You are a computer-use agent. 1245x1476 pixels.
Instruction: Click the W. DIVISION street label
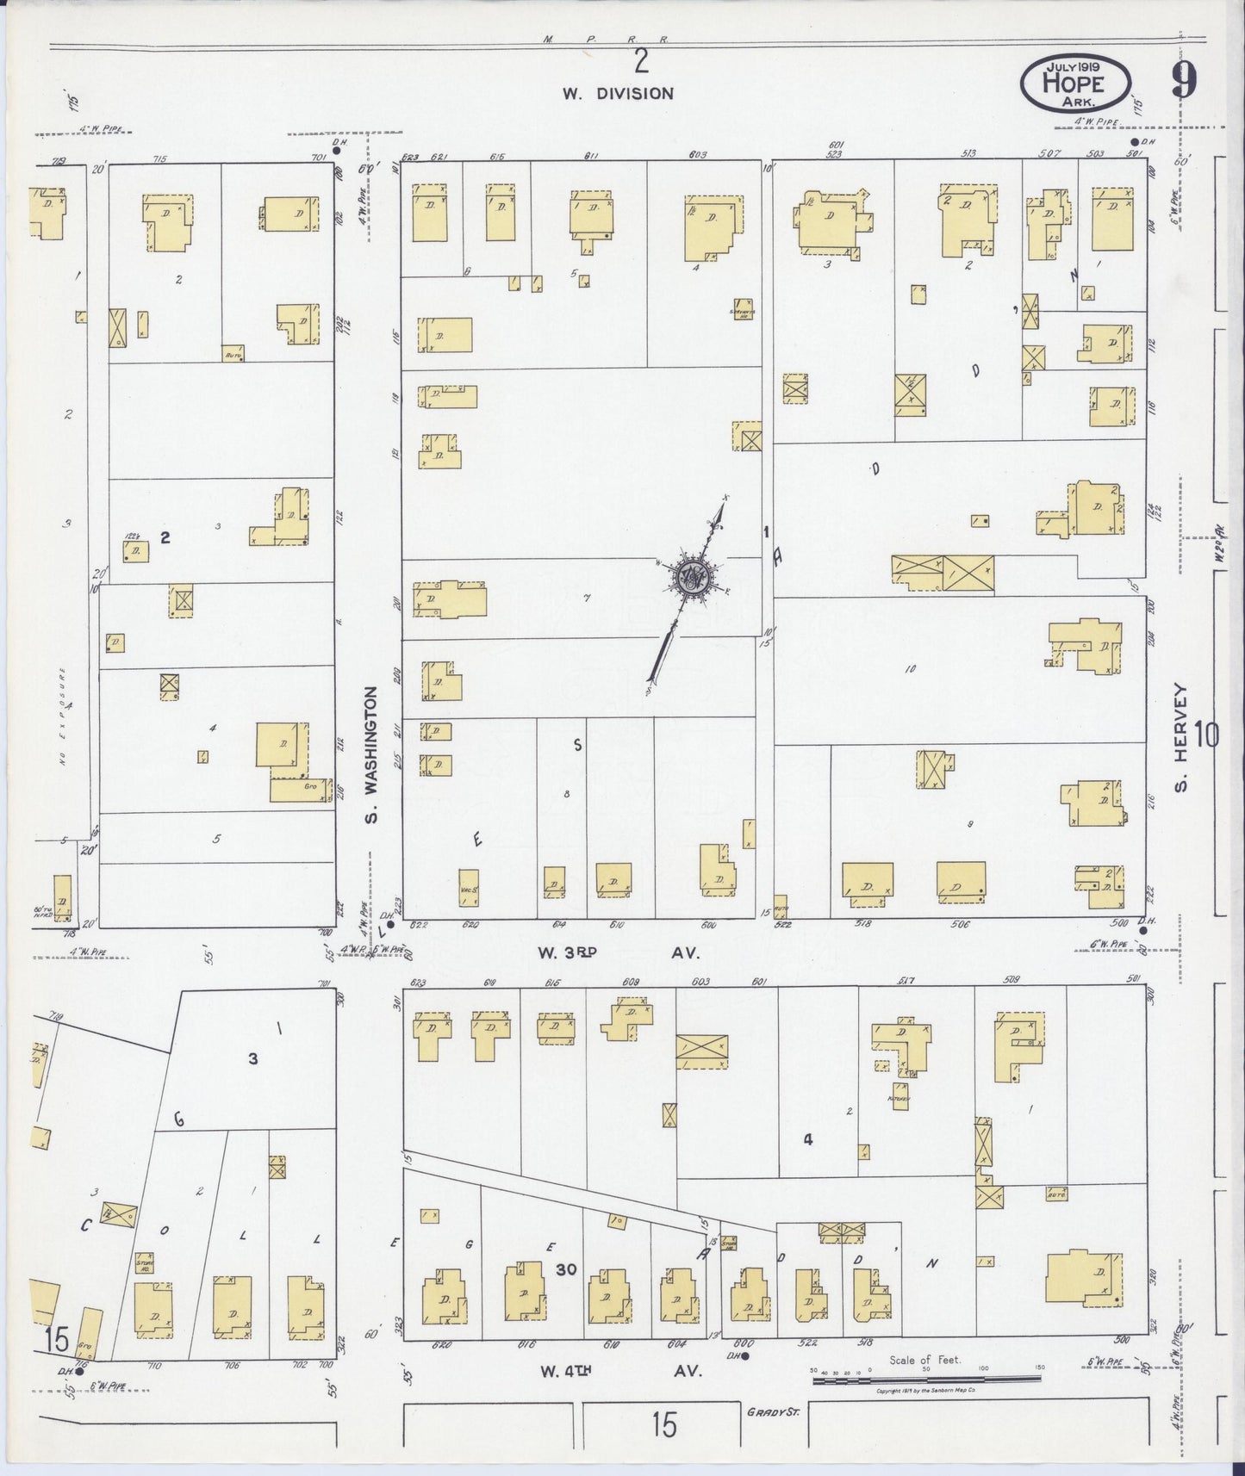618,94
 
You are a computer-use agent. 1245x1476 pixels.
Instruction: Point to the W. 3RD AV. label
618,953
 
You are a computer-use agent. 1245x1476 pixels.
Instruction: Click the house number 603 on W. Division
698,156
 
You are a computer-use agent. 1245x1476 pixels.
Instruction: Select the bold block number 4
808,1140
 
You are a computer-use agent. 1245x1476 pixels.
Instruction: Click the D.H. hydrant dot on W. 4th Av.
744,1356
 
